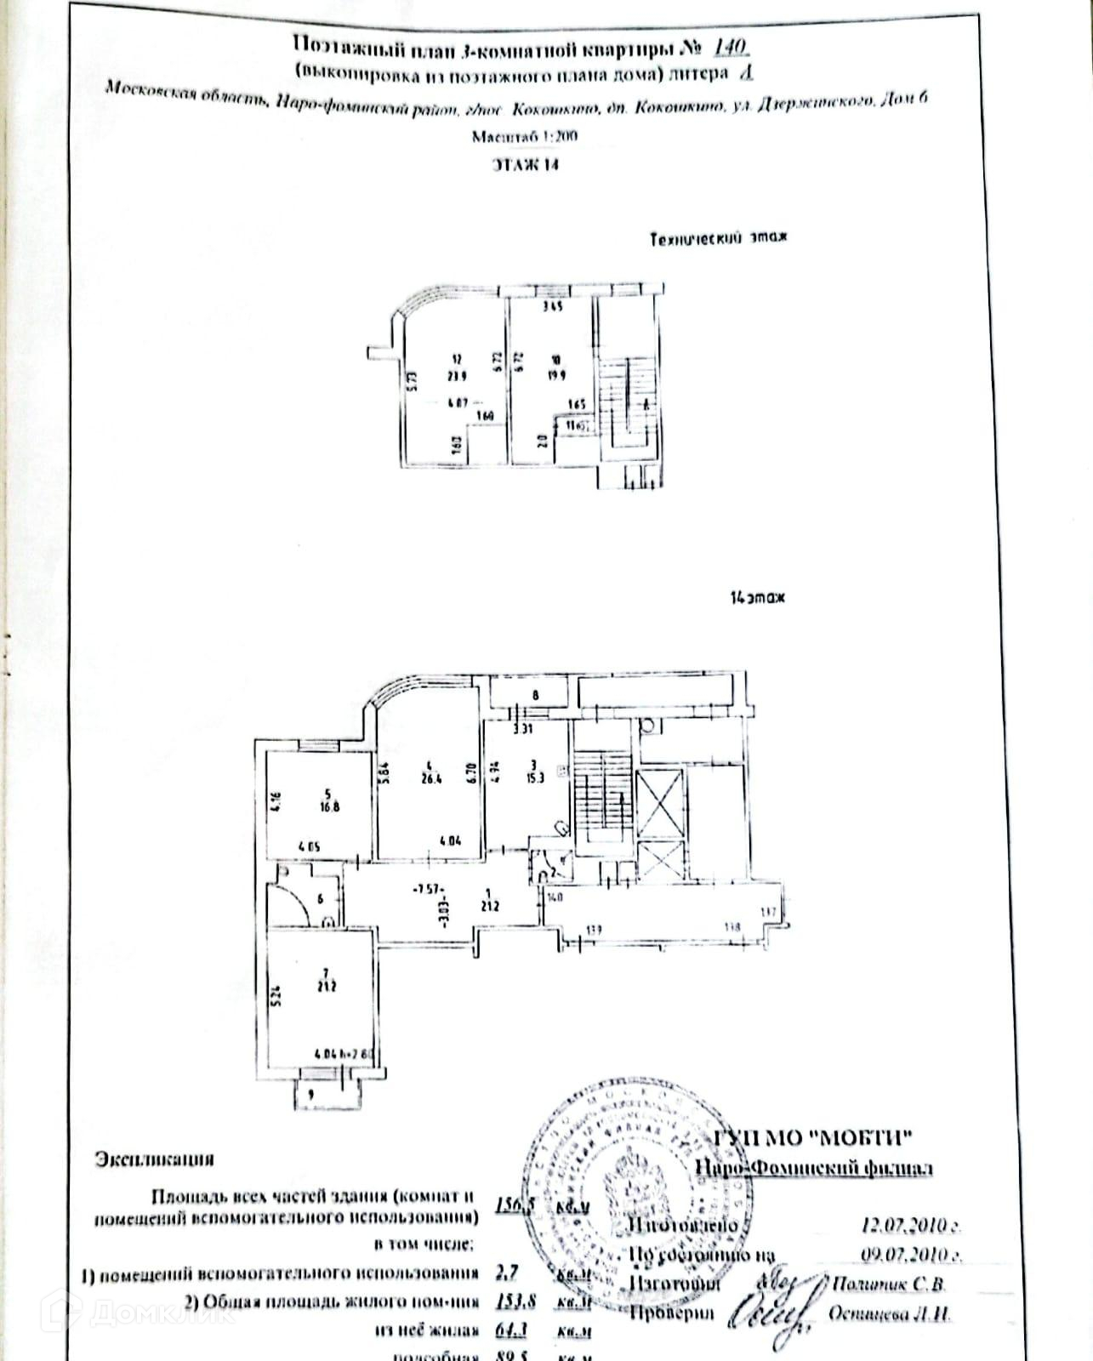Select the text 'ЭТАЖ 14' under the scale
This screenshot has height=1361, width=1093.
coord(527,165)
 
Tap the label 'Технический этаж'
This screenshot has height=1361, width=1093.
coord(718,239)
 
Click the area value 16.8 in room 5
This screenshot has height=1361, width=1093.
coord(329,807)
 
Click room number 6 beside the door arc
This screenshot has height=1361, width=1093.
coord(320,898)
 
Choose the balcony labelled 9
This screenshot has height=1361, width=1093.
coord(311,1095)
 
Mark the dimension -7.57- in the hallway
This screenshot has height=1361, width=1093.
coord(424,890)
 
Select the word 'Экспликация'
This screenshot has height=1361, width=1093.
coord(154,1159)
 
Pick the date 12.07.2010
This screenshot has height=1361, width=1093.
coord(908,1226)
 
